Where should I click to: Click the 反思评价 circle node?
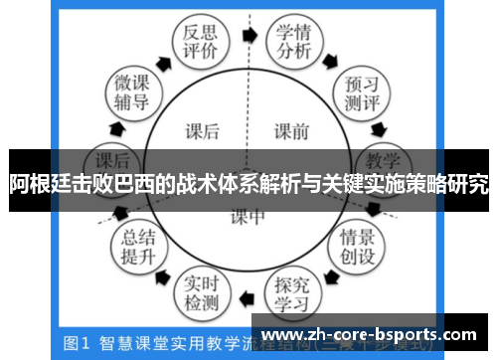point(195,43)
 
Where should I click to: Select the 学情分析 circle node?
point(295,42)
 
